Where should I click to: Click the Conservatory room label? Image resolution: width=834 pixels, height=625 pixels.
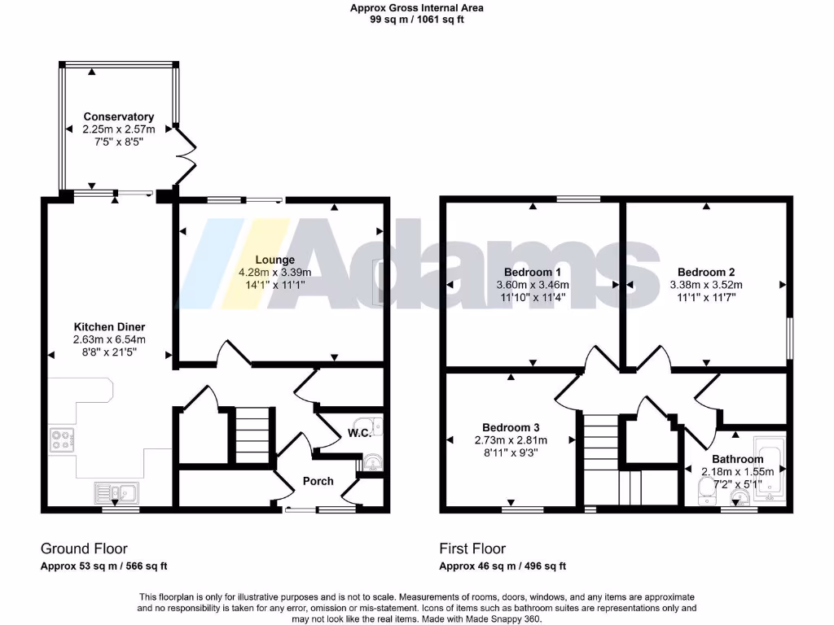coord(118,117)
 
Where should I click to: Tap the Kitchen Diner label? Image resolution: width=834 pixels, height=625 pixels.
coord(108,327)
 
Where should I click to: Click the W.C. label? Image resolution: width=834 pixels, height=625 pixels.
coord(360,431)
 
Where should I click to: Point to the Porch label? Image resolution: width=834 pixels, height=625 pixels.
coord(318,481)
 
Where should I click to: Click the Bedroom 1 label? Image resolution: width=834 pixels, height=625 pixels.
coord(533,273)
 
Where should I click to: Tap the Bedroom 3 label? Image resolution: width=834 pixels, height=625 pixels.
coord(511,427)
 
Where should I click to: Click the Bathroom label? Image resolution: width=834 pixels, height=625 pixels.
coord(738,459)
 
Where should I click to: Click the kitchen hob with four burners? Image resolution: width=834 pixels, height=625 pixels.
coord(62,440)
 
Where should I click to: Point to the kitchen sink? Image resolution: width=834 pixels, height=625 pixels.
coord(116,492)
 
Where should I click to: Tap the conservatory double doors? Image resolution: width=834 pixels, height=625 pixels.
coord(186,155)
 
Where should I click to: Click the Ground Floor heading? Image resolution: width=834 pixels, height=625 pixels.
coord(84,549)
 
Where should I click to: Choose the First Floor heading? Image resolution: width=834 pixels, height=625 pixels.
coord(472,549)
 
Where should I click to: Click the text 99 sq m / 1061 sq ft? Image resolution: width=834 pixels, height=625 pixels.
coord(416,20)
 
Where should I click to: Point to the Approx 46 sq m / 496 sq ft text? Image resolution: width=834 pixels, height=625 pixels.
coord(503,566)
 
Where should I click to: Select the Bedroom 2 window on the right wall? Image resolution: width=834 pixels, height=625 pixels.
coord(789,337)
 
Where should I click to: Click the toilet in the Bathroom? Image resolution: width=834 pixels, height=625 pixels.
coord(706,489)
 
